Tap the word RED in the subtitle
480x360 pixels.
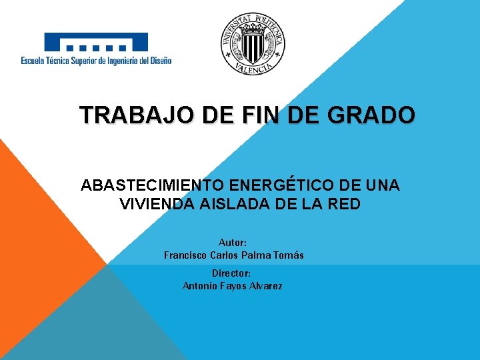(x=345, y=204)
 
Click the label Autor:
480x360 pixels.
(x=233, y=243)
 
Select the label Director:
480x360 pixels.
(x=231, y=273)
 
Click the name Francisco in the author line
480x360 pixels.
(x=185, y=255)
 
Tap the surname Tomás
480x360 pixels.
(x=288, y=255)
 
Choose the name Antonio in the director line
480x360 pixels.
(x=199, y=286)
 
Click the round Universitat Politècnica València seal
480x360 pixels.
(x=253, y=44)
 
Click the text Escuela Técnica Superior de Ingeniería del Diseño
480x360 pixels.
(x=96, y=61)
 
